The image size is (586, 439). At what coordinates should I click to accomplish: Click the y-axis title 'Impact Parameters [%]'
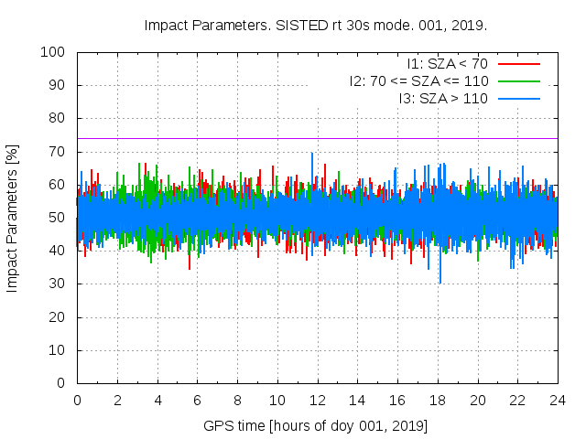[13, 218]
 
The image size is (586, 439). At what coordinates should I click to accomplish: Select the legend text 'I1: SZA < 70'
[447, 64]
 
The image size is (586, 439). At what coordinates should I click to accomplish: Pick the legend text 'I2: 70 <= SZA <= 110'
[418, 80]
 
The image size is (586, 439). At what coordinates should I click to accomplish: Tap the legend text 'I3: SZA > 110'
[442, 97]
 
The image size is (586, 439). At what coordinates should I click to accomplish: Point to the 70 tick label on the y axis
[58, 152]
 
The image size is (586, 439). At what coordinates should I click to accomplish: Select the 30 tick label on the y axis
[58, 284]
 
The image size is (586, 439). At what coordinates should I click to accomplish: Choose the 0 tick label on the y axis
[61, 383]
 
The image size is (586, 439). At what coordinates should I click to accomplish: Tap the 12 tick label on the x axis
[317, 400]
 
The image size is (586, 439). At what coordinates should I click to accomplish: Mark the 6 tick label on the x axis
[197, 400]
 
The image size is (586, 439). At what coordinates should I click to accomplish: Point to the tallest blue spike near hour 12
[312, 155]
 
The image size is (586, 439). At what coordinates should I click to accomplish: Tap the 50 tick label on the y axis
[58, 218]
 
